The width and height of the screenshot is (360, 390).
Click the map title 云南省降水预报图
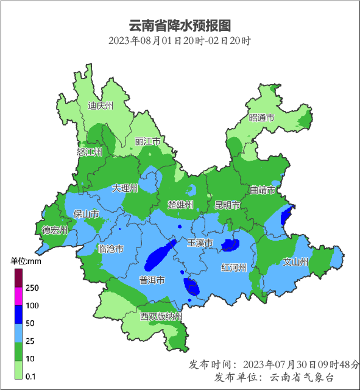(x=180, y=26)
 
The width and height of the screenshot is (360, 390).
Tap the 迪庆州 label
(x=101, y=105)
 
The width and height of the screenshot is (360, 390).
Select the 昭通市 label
(x=261, y=118)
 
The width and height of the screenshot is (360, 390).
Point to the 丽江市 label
(x=147, y=141)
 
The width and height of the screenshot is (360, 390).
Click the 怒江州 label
(x=90, y=152)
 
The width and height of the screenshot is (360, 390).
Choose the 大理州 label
(x=125, y=189)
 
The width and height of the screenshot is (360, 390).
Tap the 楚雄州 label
(x=181, y=204)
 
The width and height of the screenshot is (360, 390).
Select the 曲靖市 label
(x=263, y=190)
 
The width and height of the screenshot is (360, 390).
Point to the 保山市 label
(x=86, y=214)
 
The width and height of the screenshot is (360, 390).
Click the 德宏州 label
(x=54, y=230)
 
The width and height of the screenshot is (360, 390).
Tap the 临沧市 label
(x=111, y=249)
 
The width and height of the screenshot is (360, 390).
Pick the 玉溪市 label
(x=199, y=243)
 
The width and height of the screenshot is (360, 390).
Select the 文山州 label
(x=297, y=262)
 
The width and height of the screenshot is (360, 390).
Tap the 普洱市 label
(x=152, y=281)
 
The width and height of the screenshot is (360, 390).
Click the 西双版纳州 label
(x=161, y=317)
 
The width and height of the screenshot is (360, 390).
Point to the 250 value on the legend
(x=32, y=288)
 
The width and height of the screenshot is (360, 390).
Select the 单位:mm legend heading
(x=26, y=261)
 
